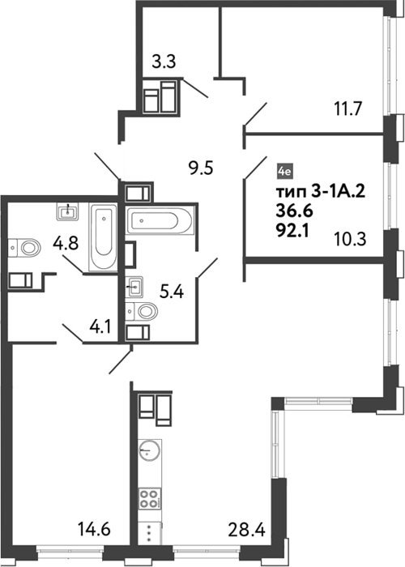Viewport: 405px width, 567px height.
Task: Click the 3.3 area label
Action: [164, 62]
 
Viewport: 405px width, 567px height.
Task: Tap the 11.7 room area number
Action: [347, 109]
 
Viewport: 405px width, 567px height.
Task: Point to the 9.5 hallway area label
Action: [202, 168]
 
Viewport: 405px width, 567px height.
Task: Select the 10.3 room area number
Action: [350, 239]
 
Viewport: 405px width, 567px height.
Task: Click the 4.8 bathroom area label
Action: [66, 243]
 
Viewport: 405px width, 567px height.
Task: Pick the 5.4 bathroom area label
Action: [172, 292]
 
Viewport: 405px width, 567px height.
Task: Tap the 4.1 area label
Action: [100, 327]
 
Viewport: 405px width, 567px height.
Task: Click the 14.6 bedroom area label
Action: [94, 530]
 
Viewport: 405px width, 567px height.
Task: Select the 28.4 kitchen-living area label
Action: [247, 530]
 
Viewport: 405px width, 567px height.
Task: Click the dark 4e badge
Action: [284, 172]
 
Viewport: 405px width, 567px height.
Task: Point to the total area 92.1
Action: [292, 231]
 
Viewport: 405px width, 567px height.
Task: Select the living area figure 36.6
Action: [294, 211]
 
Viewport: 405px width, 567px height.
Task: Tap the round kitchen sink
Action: [149, 450]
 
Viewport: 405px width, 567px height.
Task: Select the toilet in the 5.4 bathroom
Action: [142, 311]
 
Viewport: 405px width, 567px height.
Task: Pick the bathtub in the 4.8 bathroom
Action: [103, 237]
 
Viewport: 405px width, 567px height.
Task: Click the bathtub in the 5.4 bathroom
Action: [160, 220]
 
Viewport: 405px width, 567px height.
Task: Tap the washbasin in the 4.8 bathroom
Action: [67, 211]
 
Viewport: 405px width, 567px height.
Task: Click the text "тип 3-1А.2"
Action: [321, 192]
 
